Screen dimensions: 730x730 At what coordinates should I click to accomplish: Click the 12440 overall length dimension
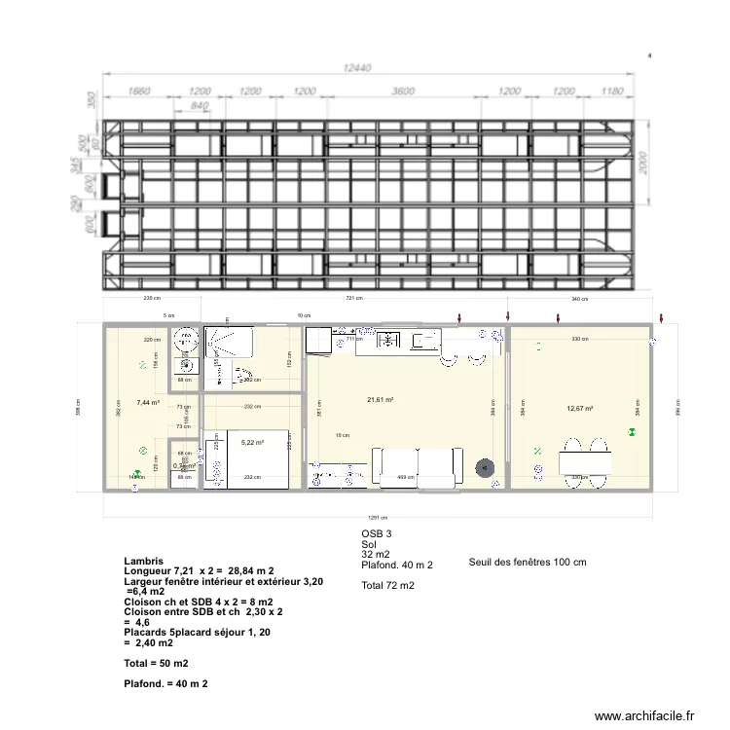[362, 68]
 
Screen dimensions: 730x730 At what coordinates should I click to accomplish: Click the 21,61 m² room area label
[380, 399]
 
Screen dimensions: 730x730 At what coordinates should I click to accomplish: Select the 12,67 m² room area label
[580, 409]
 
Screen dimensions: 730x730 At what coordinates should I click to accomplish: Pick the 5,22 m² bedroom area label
[252, 443]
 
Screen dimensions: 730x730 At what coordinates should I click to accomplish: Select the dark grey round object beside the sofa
[484, 468]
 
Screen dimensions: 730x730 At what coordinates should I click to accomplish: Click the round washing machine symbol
[185, 341]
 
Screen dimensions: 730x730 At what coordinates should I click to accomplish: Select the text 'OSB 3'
[376, 533]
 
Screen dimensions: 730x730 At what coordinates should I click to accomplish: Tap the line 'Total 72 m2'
[387, 586]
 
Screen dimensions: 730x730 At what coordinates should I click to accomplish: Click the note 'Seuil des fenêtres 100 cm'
[528, 562]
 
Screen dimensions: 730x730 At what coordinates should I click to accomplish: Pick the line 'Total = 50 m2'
[157, 663]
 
